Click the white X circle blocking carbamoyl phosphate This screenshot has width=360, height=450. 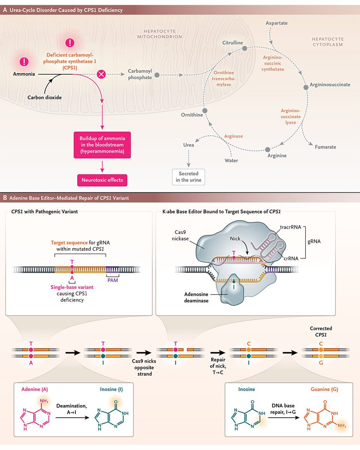coord(101,74)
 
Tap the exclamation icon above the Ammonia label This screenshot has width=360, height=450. coord(24,61)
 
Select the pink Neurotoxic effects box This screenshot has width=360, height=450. coord(102,180)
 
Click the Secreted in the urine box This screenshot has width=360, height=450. coord(189,177)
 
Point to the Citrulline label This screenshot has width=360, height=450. coord(232,43)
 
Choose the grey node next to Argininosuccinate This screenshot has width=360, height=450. coord(306,87)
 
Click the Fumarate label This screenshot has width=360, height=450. coord(325,147)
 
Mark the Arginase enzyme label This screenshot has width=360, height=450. coord(234,136)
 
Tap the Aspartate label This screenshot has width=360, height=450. coord(276,23)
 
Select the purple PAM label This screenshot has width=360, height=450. coord(113,280)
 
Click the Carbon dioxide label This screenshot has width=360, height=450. coord(45,97)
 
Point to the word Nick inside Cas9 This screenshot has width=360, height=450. coord(235,238)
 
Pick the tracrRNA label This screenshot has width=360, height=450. coord(291,227)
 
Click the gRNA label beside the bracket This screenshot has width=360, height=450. coord(314,241)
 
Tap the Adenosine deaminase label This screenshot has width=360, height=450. coord(196,297)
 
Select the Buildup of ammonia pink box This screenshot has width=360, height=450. coord(102,145)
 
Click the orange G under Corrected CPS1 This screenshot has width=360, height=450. coord(321,363)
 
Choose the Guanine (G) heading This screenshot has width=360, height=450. coord(324,389)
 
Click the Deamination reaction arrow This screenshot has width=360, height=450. coord(72,418)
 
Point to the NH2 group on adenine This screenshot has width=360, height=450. coord(44,401)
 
